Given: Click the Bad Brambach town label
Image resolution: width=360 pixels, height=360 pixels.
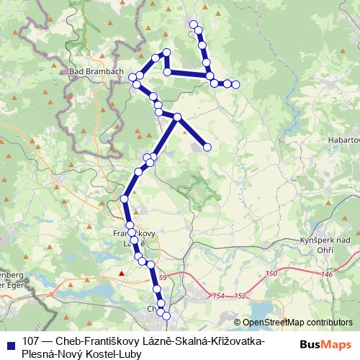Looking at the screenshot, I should (96, 72).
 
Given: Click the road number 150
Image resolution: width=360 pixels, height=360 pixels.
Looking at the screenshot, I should (271, 273).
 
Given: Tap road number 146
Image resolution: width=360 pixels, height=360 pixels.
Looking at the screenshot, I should (328, 274).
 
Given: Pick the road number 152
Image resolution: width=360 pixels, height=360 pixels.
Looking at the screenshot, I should (240, 296).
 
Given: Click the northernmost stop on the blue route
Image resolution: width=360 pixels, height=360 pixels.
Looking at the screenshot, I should (193, 24).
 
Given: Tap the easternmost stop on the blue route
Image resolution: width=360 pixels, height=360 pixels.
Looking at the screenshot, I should (235, 85).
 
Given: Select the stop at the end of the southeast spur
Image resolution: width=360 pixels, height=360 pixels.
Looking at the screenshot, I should (207, 147).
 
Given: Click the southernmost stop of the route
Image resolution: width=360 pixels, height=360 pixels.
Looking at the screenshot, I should (166, 315).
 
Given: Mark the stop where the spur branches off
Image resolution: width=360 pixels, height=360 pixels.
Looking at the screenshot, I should (176, 117).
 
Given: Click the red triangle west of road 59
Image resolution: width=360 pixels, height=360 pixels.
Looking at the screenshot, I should (122, 274).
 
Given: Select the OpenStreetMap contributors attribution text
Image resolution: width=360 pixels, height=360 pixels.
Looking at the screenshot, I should (297, 323).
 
